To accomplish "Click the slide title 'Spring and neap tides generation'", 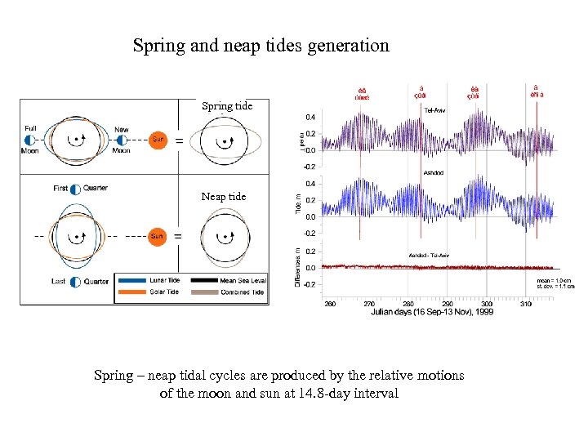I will [x=261, y=46].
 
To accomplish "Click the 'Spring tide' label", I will [x=227, y=106].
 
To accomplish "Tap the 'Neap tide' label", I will [x=224, y=197].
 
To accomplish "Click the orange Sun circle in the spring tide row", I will [x=158, y=139].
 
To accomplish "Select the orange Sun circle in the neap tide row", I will [x=157, y=236].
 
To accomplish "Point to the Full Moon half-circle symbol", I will [x=30, y=140].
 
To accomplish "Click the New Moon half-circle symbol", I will [x=121, y=140].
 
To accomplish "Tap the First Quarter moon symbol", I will [x=76, y=189].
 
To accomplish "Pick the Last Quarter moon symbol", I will [x=76, y=282].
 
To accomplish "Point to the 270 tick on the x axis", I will [x=369, y=303].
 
